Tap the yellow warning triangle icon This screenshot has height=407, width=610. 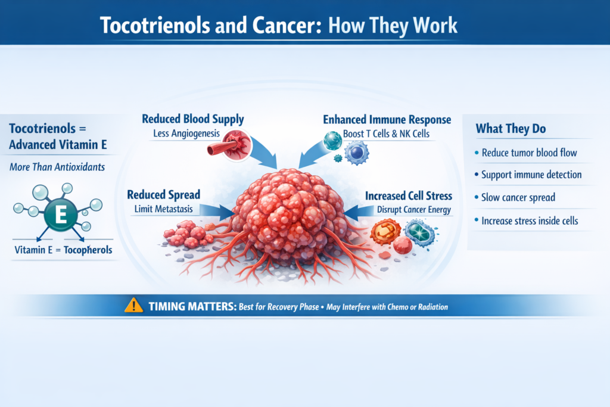pyautogui.click(x=133, y=306)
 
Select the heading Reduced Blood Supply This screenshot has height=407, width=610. pyautogui.click(x=192, y=119)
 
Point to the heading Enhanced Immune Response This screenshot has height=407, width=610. pyautogui.click(x=387, y=119)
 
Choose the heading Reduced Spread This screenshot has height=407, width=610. pyautogui.click(x=163, y=195)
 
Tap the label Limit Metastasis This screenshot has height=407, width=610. pyautogui.click(x=164, y=209)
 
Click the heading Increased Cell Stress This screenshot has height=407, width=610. pyautogui.click(x=408, y=195)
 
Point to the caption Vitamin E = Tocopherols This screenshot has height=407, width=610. pyautogui.click(x=63, y=250)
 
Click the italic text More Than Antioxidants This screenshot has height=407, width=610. pyautogui.click(x=57, y=167)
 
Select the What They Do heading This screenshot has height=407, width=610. pyautogui.click(x=511, y=129)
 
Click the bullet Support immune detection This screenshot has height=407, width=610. pyautogui.click(x=531, y=175)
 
